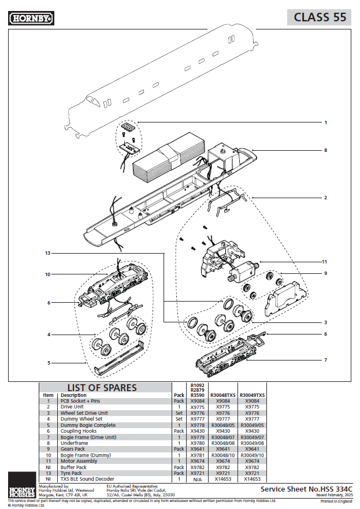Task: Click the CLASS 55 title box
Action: click(320, 17)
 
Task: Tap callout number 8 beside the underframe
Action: click(325, 150)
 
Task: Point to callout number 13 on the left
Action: click(47, 253)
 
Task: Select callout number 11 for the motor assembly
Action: click(325, 262)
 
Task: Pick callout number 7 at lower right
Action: click(325, 360)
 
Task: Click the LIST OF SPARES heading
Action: click(102, 388)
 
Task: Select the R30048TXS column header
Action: click(222, 395)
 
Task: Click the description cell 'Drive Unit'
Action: click(72, 407)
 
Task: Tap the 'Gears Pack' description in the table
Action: click(73, 448)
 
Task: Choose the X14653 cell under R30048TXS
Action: click(222, 479)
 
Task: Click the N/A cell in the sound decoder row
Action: click(196, 479)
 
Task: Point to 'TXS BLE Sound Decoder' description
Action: click(87, 479)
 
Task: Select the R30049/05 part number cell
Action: click(252, 425)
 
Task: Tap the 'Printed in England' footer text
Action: click(336, 501)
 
